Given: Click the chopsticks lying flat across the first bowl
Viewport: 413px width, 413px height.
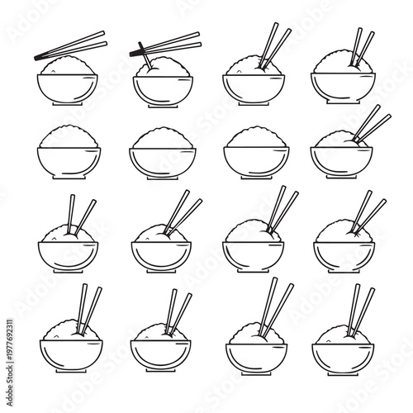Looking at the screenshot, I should [x=70, y=45].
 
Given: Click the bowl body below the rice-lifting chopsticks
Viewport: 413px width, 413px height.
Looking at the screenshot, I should [x=159, y=88].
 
